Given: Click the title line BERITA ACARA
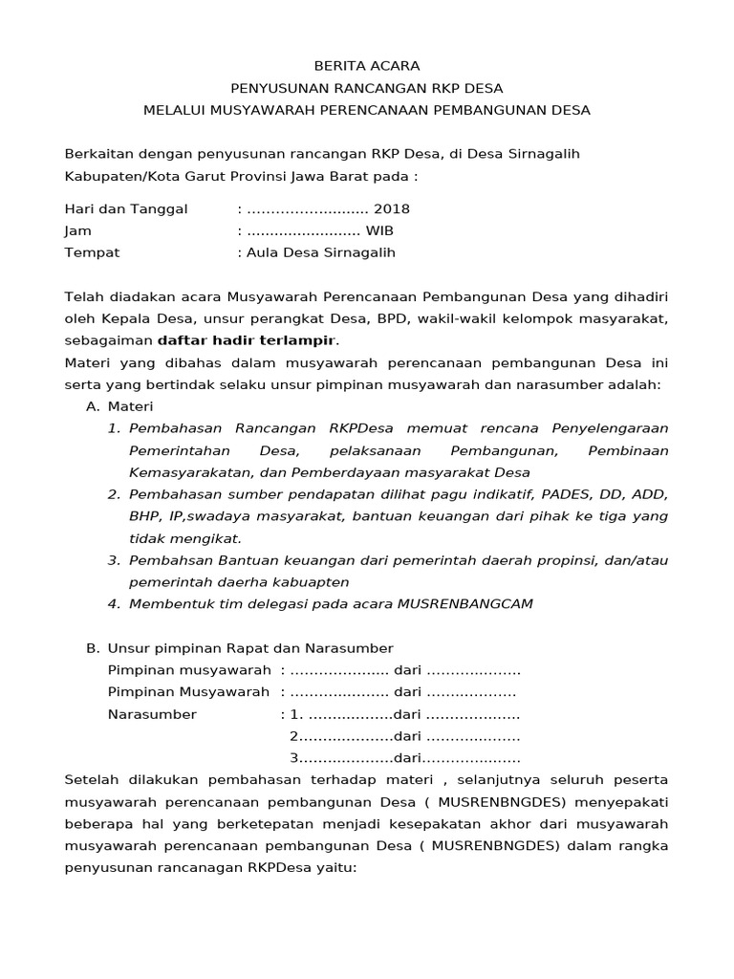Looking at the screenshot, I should tap(367, 66).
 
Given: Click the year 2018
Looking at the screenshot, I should tap(392, 208).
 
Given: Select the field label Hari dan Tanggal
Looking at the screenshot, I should tap(125, 208).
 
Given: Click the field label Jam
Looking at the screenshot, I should tap(77, 230).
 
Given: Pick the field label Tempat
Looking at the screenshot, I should tap(92, 252).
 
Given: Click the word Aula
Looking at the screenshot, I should tap(263, 252).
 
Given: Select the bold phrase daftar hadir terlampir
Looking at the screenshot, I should tap(247, 340).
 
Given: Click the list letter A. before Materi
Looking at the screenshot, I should tap(93, 406).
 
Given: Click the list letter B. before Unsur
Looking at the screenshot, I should tap(93, 648).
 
